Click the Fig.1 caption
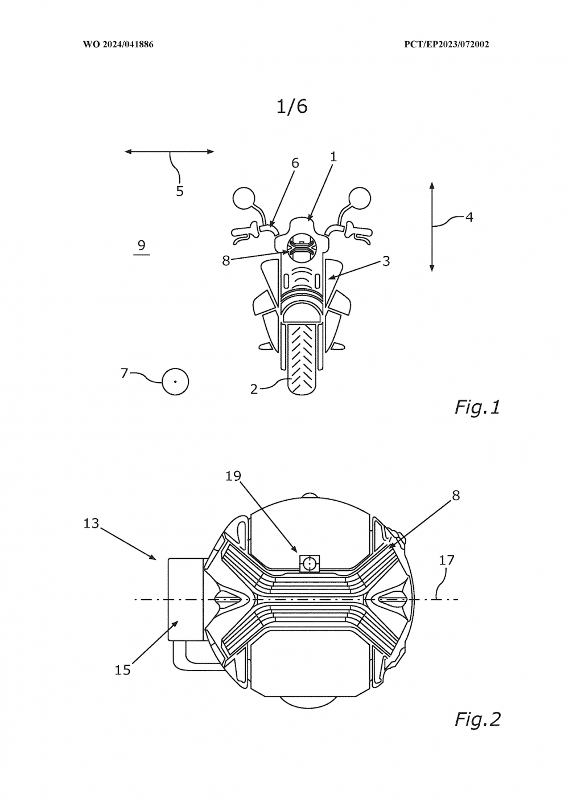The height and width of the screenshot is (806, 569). click(x=477, y=407)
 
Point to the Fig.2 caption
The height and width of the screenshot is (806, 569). click(x=477, y=719)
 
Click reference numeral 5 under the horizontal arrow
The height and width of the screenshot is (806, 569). click(x=180, y=191)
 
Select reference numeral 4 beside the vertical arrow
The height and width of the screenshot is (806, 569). click(x=469, y=216)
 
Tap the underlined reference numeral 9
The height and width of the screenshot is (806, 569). click(x=141, y=246)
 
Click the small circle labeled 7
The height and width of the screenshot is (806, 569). click(x=175, y=381)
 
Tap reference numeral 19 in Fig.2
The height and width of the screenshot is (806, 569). click(x=233, y=476)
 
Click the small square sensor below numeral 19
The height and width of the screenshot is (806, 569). click(x=310, y=564)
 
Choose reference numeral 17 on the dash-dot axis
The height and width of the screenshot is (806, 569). click(x=447, y=560)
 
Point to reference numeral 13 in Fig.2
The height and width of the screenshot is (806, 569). click(x=91, y=523)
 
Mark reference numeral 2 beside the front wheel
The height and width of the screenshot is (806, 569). click(x=254, y=389)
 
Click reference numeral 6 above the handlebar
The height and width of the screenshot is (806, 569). click(x=295, y=163)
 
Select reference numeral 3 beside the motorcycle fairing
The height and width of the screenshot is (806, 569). click(x=386, y=261)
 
